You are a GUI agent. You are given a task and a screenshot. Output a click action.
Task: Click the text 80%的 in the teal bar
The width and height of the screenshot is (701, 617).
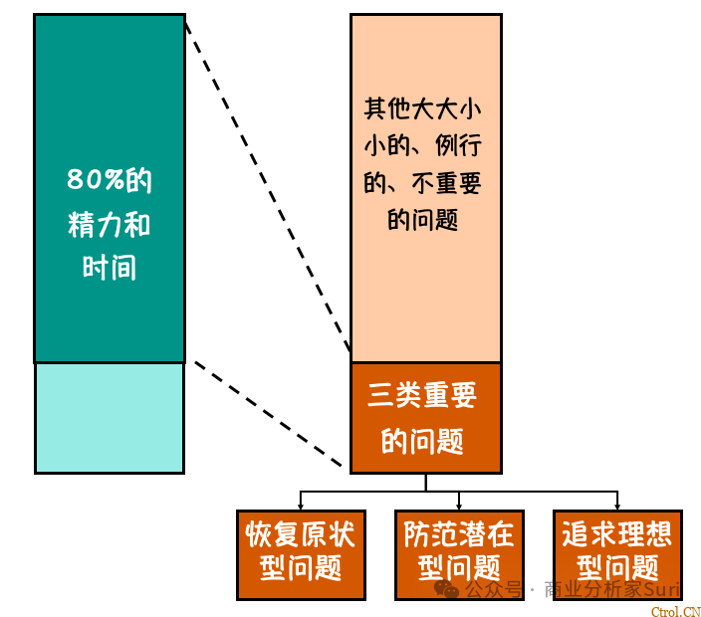[110, 181]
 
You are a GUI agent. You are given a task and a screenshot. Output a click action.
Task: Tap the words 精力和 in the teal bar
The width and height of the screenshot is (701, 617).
[110, 225]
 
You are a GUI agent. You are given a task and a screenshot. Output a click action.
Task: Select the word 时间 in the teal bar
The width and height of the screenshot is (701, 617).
[110, 268]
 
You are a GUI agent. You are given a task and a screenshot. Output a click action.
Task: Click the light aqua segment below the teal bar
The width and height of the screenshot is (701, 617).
[110, 417]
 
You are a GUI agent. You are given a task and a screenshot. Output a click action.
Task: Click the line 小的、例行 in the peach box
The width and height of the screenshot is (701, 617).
[424, 146]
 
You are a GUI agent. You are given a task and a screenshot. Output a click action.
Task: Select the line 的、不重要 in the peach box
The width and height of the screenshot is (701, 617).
[424, 183]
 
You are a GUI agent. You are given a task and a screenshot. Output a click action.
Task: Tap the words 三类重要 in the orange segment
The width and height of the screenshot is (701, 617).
[424, 396]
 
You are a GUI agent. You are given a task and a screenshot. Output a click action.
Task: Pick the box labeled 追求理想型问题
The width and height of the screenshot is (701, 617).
[617, 554]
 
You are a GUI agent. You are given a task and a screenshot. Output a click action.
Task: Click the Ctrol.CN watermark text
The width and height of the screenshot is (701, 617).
[677, 611]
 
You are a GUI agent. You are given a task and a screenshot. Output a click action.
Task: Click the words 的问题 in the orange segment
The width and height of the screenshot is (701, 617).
[424, 441]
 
